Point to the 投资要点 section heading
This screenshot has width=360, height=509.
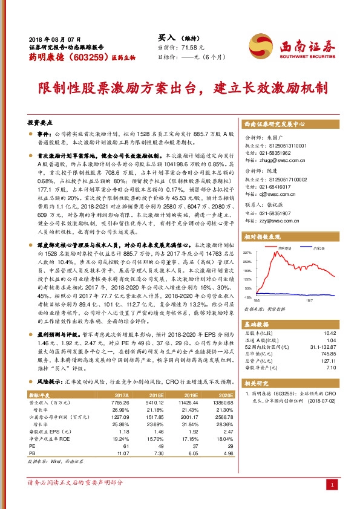42,122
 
